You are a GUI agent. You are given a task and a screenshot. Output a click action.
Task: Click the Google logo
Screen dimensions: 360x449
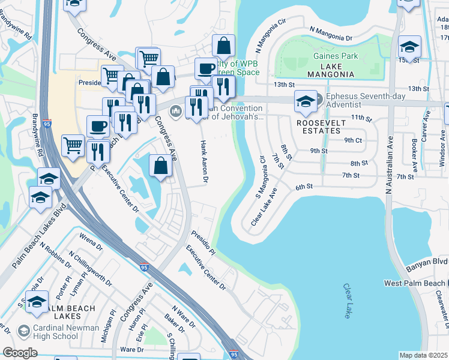(x=19, y=352)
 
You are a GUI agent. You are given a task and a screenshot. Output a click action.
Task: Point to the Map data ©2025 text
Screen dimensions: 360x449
(x=423, y=355)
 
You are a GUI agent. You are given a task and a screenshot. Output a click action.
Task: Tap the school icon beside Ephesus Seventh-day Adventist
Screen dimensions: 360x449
(x=306, y=103)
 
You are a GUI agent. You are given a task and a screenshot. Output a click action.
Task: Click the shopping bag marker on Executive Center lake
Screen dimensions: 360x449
(x=160, y=166)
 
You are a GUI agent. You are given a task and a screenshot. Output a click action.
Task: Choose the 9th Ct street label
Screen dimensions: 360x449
(x=353, y=140)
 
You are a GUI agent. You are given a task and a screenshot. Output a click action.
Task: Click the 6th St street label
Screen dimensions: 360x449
(x=304, y=187)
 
